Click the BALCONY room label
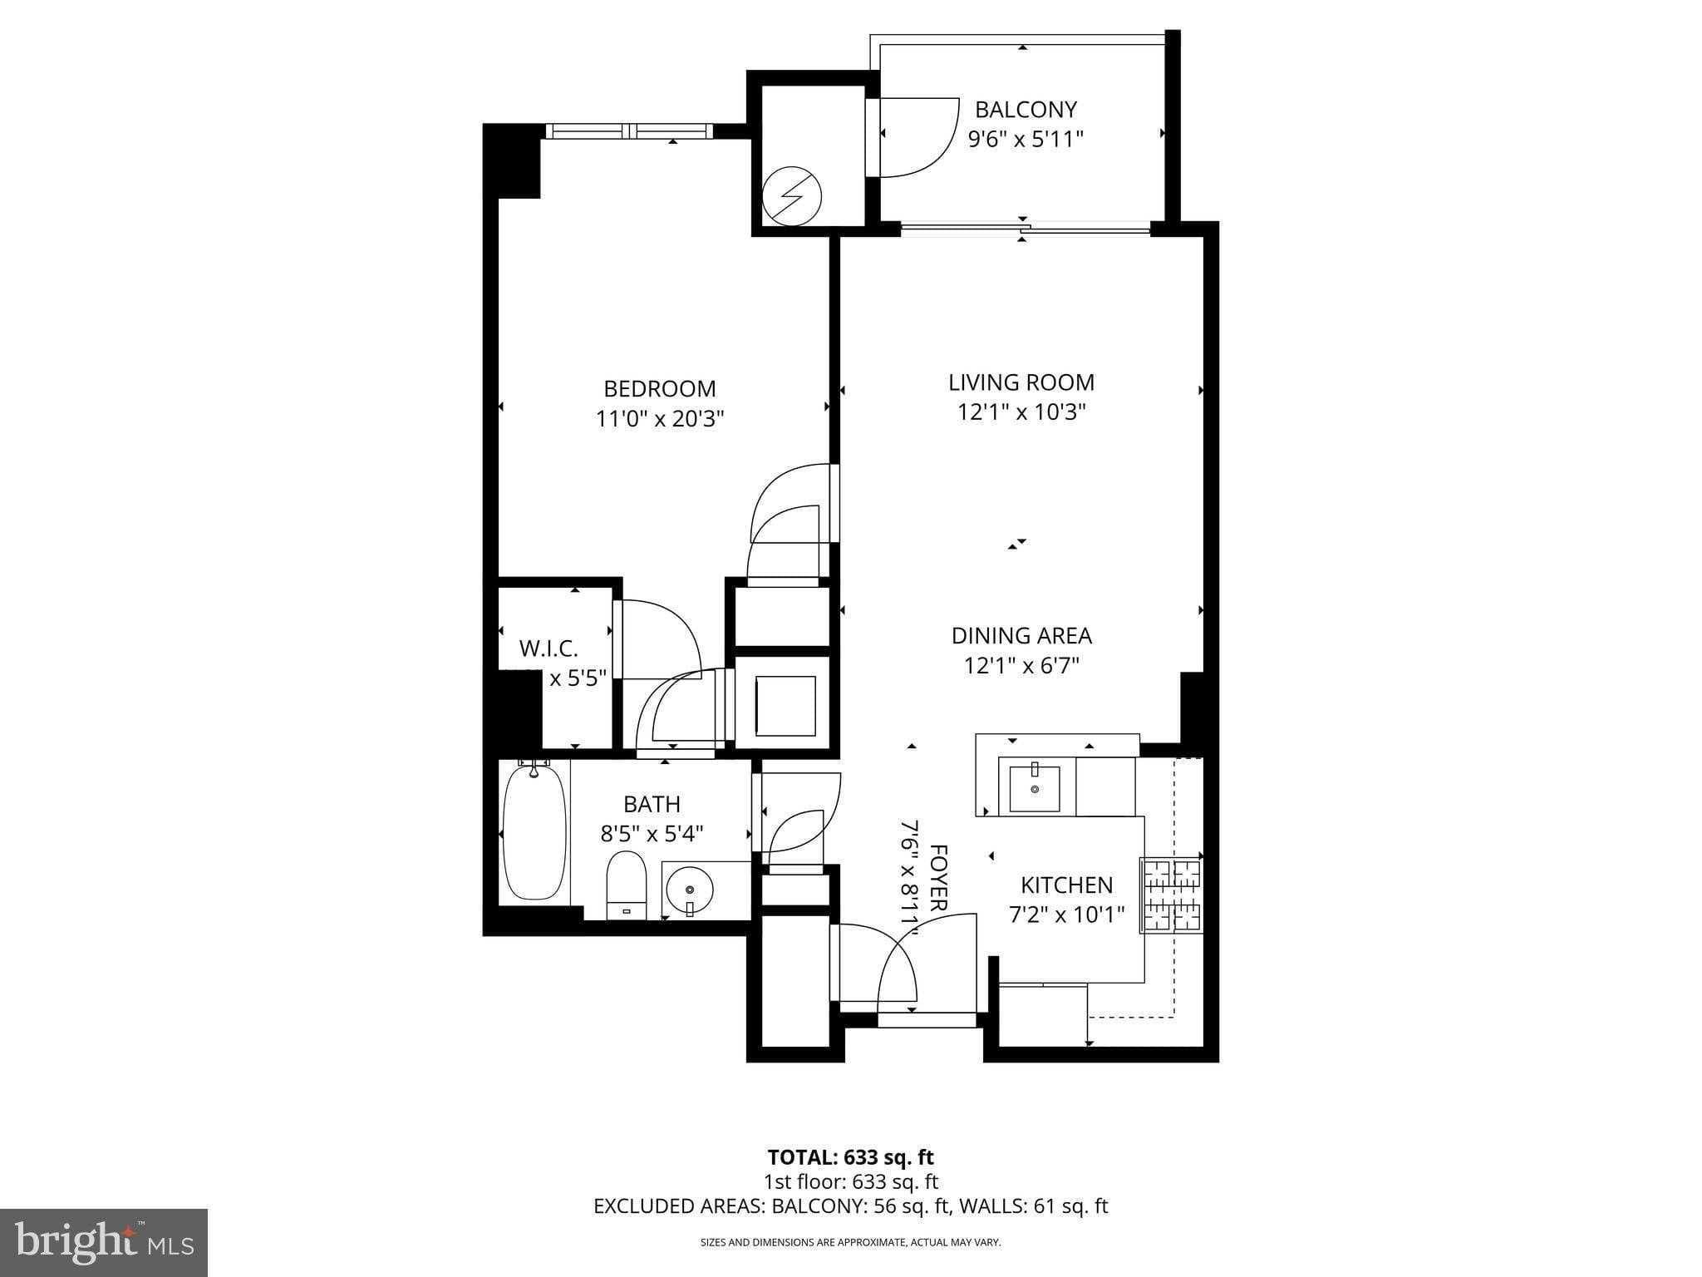(1026, 110)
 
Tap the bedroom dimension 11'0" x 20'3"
(660, 418)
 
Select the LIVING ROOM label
(1021, 382)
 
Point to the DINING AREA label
(1021, 636)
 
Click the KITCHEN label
(1066, 885)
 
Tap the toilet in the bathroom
(627, 883)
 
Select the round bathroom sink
(689, 890)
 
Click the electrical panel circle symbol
(792, 197)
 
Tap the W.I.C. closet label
(548, 648)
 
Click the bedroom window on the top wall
(629, 131)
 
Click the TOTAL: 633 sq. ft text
(850, 1157)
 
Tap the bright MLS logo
(103, 1242)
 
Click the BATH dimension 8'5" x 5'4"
(652, 833)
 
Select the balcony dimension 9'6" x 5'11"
(1026, 139)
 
